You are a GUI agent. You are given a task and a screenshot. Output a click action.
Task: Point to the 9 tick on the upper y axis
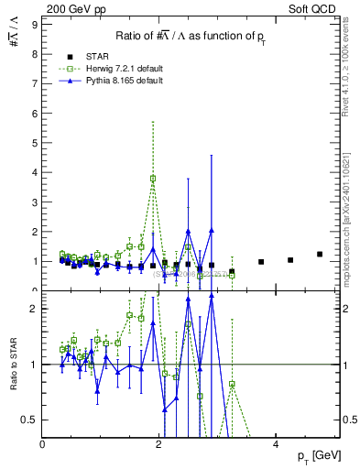35,25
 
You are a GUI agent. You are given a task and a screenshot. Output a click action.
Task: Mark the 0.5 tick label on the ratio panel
30,420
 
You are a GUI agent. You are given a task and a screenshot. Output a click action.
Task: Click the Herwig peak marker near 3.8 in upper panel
153,179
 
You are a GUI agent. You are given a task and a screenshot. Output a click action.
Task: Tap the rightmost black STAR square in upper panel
320,254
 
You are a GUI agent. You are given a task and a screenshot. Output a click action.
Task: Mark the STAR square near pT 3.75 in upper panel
261,262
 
